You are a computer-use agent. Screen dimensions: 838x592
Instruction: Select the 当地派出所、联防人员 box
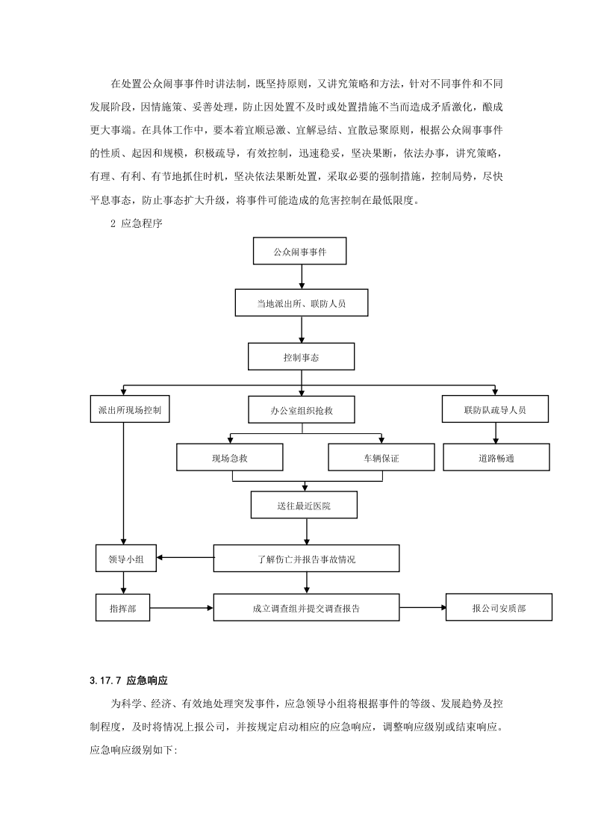click(301, 304)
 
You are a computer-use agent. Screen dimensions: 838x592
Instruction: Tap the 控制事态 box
click(301, 358)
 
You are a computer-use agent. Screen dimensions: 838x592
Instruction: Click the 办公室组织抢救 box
click(301, 410)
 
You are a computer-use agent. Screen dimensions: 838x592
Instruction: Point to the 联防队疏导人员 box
click(496, 409)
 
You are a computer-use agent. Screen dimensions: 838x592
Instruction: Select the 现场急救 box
click(230, 458)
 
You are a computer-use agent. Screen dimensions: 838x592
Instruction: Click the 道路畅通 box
click(496, 457)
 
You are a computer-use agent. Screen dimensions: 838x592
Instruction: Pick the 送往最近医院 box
click(304, 506)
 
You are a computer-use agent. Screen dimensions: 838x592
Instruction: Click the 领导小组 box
click(126, 558)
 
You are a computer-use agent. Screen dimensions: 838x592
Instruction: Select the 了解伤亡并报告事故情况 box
click(306, 558)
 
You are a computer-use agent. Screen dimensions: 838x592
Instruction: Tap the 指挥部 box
click(122, 608)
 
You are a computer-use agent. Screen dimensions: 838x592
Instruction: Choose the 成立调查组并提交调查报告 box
click(306, 608)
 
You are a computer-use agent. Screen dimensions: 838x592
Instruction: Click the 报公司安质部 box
click(499, 608)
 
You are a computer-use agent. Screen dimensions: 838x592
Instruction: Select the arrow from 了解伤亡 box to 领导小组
click(185, 557)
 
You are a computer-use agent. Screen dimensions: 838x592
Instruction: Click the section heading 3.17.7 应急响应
click(126, 680)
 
